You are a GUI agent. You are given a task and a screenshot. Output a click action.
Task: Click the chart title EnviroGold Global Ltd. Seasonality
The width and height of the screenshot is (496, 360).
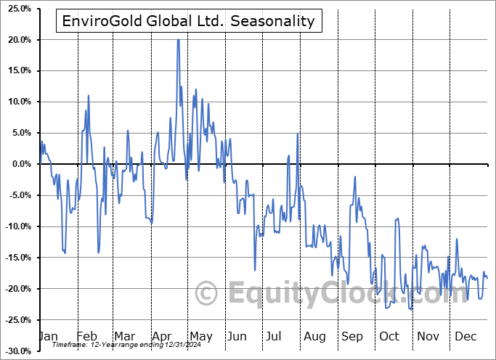click(x=187, y=21)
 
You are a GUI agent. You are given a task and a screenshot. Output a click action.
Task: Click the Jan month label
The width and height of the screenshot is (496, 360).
click(x=47, y=337)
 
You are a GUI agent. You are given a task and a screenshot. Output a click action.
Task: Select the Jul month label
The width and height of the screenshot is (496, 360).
click(x=274, y=337)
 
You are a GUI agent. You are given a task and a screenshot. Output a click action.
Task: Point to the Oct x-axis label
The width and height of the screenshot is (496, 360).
click(x=389, y=337)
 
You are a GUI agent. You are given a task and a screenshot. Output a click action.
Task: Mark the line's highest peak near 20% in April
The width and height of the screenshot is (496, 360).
click(x=178, y=40)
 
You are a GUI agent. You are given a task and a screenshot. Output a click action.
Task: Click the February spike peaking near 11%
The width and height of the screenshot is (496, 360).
click(x=89, y=95)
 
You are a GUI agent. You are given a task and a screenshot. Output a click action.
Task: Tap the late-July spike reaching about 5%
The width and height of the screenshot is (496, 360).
click(x=298, y=134)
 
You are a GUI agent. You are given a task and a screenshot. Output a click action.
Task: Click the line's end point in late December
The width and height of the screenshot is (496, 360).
click(x=487, y=278)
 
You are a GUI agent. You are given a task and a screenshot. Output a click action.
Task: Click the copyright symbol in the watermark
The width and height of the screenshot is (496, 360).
click(x=208, y=293)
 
